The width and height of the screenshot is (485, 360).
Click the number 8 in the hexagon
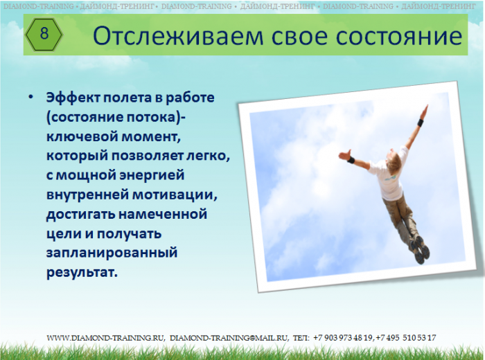pyautogui.click(x=44, y=33)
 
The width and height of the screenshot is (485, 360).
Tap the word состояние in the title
pyautogui.click(x=399, y=37)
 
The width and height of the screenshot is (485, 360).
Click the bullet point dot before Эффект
pyautogui.click(x=30, y=97)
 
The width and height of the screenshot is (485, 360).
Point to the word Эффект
pyautogui.click(x=73, y=98)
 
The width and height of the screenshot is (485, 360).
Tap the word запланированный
pyautogui.click(x=112, y=253)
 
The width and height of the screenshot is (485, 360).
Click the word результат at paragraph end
pyautogui.click(x=82, y=272)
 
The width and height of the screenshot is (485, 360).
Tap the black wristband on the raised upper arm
pyautogui.click(x=421, y=123)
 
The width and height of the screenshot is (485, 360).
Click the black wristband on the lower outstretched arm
pyautogui.click(x=351, y=160)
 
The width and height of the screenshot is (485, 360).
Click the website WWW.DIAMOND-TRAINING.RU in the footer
pyautogui.click(x=105, y=338)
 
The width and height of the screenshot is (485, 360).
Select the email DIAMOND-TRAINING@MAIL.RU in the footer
pyautogui.click(x=229, y=338)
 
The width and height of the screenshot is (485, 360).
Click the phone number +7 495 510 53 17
pyautogui.click(x=406, y=338)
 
